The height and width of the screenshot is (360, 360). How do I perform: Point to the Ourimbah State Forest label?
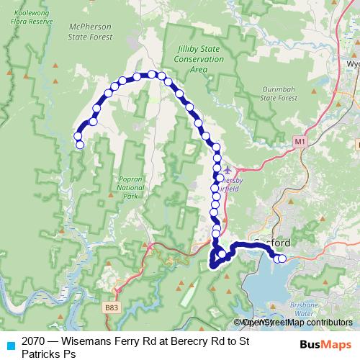pos(278,91)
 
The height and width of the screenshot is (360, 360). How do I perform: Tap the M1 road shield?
pos(300,143)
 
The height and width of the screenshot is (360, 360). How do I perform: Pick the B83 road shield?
pos(111,307)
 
